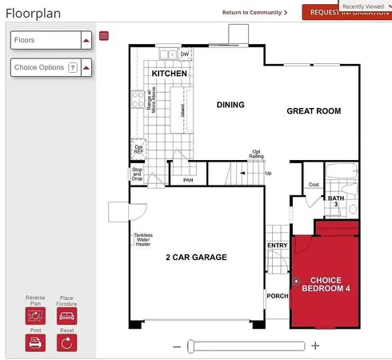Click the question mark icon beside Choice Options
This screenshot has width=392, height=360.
73,68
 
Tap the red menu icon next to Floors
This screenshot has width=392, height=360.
104,36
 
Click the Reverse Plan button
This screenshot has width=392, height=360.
35,314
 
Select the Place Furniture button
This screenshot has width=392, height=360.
67,314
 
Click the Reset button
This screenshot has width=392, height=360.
67,342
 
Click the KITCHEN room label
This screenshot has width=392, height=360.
170,74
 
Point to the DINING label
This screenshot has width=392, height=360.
230,105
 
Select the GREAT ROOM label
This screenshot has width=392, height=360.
314,111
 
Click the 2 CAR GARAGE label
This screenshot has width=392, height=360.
196,257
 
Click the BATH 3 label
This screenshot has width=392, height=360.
335,201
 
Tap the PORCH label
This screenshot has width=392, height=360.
277,296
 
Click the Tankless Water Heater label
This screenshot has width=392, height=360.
143,239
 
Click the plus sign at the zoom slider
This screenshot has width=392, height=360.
315,346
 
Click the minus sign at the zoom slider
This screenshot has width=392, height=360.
177,346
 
